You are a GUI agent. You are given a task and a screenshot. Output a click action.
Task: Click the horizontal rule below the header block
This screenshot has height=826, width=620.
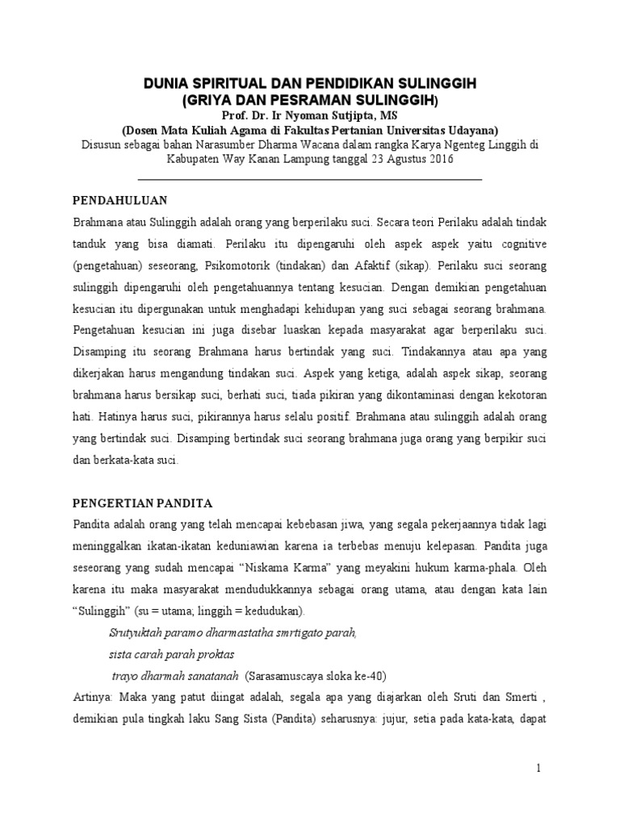[311, 177]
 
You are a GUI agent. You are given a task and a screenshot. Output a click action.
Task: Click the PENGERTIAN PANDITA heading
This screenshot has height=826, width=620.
[142, 503]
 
